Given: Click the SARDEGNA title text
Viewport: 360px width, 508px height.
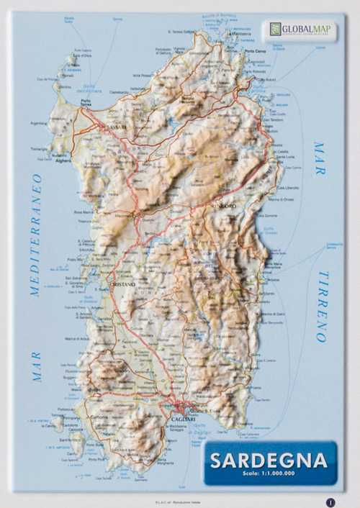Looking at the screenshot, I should (x=266, y=458).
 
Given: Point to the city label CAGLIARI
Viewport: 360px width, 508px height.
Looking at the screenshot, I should (x=180, y=418).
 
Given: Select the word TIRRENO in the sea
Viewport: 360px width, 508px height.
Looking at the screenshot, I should (x=322, y=307).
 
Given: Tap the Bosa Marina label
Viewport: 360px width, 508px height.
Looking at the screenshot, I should (x=83, y=212).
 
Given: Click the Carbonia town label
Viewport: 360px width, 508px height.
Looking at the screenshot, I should (x=99, y=417).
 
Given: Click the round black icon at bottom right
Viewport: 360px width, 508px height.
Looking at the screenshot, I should (x=329, y=501).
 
